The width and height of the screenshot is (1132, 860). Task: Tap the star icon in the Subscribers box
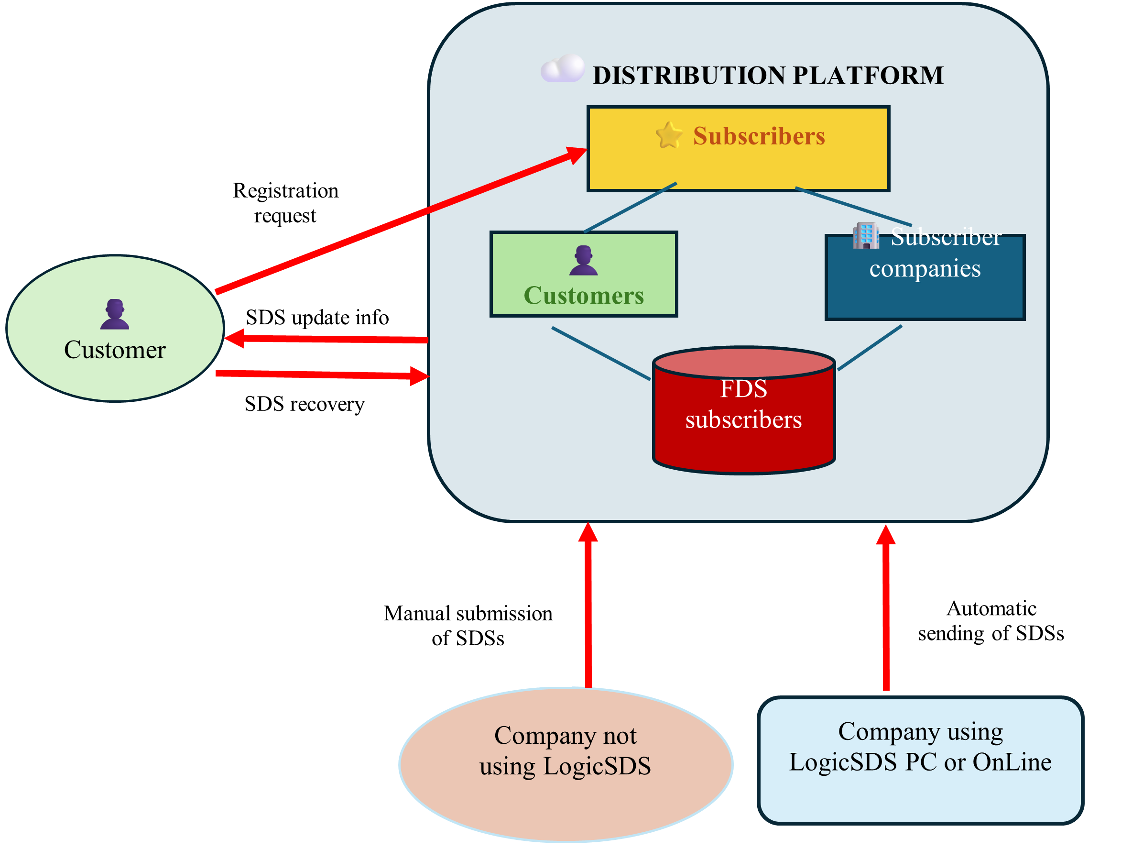(669, 135)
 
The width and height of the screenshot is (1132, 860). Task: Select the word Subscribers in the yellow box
(759, 136)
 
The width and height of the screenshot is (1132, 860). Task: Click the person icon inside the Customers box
(583, 261)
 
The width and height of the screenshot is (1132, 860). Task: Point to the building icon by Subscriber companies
(866, 236)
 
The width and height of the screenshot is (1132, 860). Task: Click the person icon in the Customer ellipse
(115, 314)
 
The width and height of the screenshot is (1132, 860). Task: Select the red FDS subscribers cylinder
(744, 420)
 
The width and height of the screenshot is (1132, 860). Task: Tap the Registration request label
(285, 203)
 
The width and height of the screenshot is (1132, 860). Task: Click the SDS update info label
(317, 318)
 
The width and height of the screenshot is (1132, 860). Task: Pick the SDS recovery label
(305, 404)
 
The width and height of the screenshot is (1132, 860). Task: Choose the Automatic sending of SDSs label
(991, 620)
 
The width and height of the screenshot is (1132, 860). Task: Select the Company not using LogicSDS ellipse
(566, 765)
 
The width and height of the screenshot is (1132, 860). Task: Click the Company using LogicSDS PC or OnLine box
(920, 761)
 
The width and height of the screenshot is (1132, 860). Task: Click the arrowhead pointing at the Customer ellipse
(235, 338)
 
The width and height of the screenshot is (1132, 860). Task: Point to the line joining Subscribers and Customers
(631, 207)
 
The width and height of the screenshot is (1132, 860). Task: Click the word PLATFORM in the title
(868, 75)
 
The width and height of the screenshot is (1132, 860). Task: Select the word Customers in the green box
(584, 296)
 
